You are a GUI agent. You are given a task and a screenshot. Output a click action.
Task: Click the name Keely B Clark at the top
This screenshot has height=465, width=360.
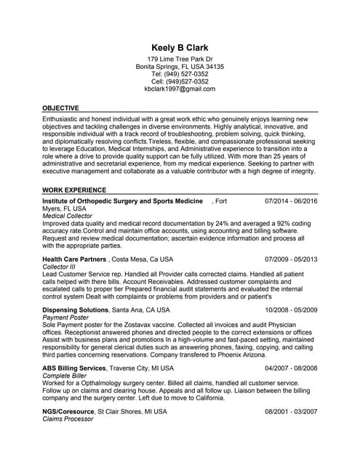pos(180,48)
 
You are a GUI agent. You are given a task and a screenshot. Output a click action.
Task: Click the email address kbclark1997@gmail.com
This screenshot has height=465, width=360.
pos(180,89)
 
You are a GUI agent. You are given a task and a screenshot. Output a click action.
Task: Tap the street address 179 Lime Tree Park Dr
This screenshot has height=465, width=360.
pos(180,59)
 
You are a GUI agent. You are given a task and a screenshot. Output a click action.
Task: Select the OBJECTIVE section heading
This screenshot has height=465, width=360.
pos(61,108)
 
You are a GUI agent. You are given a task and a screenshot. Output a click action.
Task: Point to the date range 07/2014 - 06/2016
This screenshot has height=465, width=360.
pos(291,201)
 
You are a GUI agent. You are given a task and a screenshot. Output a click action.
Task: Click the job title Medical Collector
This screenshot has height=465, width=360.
pos(68,216)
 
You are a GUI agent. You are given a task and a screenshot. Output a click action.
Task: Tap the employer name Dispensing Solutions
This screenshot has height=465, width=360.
pos(75,310)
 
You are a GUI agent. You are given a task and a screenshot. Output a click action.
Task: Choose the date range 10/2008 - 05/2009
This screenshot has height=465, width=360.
pos(291,310)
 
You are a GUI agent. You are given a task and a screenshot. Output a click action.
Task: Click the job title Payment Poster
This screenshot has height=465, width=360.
pos(65,318)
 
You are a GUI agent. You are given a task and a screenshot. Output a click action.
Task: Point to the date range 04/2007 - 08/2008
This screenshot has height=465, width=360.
pos(291,368)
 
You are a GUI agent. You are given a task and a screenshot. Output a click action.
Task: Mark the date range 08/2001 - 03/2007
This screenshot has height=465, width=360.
pos(291,412)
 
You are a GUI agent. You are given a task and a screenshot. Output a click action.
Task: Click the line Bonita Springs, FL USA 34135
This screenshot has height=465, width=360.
pos(180,67)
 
